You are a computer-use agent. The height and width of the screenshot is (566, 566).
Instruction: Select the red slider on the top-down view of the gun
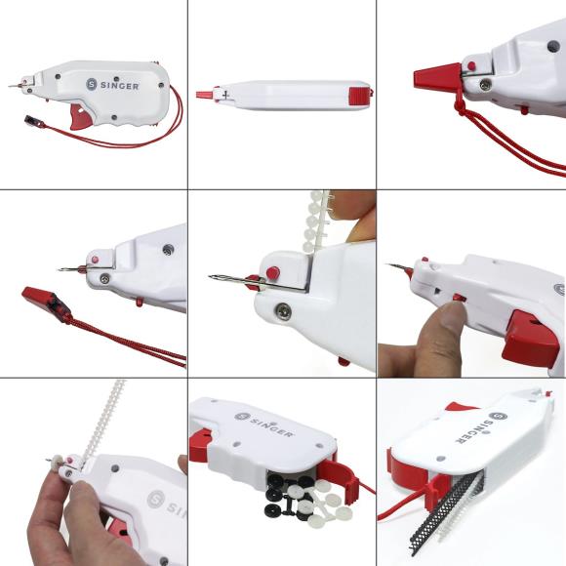357,94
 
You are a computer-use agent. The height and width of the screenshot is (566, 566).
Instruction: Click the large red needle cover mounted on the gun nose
437,76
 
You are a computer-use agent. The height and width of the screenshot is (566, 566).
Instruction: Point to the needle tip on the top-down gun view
197,95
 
